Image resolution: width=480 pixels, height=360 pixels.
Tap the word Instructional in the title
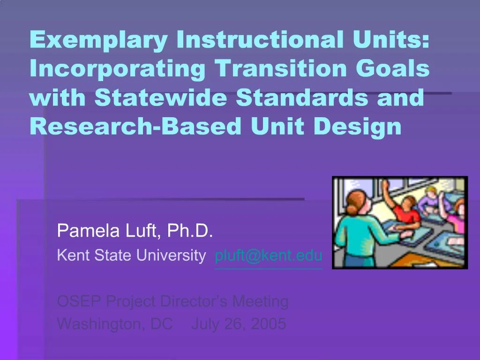[260, 39]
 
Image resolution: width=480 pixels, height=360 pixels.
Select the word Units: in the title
[391, 39]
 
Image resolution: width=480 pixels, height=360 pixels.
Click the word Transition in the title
[280, 68]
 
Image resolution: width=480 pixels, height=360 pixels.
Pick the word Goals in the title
[392, 68]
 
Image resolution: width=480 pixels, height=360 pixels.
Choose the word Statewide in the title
[161, 97]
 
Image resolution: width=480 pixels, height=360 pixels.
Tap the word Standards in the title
[302, 97]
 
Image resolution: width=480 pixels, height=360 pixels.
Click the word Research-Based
[135, 126]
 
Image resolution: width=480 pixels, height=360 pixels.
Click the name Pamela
[88, 231]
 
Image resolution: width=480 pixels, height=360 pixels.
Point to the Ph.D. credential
[190, 231]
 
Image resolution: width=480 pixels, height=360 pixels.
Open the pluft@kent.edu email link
[269, 255]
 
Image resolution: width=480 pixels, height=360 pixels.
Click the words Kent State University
[131, 255]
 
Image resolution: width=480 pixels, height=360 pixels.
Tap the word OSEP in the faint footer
[79, 301]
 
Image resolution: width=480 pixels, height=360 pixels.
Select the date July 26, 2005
[239, 324]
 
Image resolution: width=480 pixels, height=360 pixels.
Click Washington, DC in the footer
[115, 324]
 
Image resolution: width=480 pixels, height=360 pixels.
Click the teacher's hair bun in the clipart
[351, 210]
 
